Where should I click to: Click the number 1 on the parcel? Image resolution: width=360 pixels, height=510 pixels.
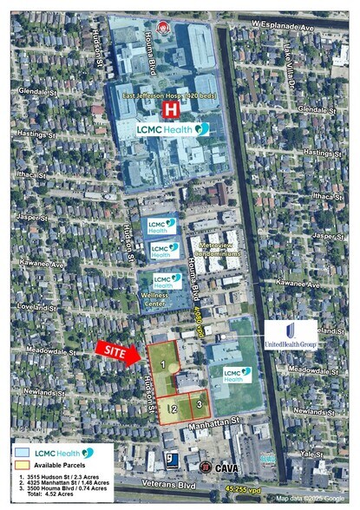(162, 366)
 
